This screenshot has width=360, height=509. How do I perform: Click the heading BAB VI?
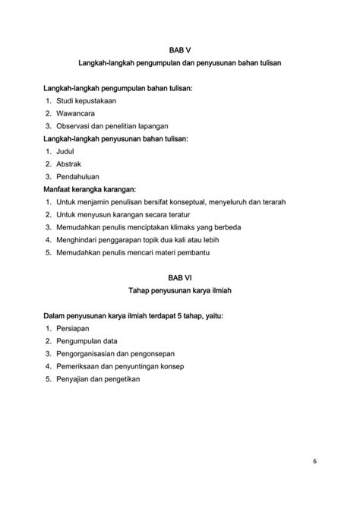point(180,277)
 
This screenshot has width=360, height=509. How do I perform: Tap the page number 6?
point(314,461)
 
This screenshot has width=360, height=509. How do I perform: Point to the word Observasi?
point(74,126)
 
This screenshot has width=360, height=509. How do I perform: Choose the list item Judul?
point(66,151)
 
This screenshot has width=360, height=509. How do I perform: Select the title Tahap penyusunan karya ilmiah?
point(180,290)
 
